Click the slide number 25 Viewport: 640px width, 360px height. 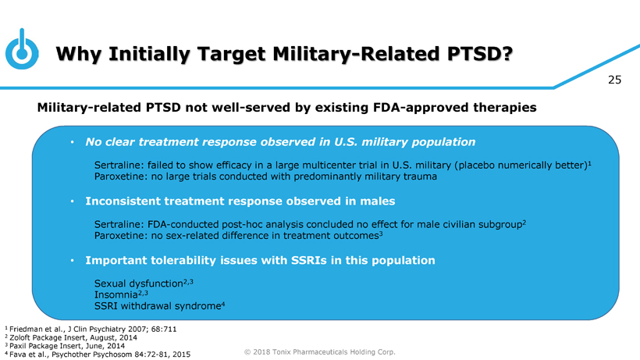tap(614, 80)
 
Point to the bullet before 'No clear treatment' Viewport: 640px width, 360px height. tap(73, 142)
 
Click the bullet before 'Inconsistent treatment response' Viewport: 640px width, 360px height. tap(73, 201)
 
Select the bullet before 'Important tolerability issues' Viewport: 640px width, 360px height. tap(73, 260)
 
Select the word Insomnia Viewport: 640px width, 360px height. tap(116, 294)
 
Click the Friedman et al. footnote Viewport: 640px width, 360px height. tap(91, 329)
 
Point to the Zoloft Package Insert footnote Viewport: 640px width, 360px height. tap(71, 337)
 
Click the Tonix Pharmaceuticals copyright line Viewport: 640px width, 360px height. tap(319, 352)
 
